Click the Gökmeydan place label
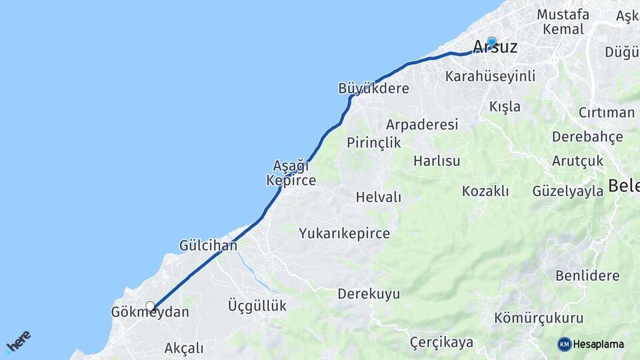(x=150, y=312)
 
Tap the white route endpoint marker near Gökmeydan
(x=151, y=307)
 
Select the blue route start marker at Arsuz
(x=492, y=41)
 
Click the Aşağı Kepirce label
(x=291, y=173)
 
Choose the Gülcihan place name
(x=208, y=245)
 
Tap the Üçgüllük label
(x=257, y=305)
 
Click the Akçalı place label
(x=183, y=348)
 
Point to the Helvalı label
(x=378, y=197)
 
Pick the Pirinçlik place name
(x=373, y=142)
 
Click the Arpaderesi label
(x=422, y=125)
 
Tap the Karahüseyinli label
(x=490, y=76)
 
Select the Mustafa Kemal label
(x=563, y=22)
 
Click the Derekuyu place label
(x=368, y=294)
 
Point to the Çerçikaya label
(x=441, y=343)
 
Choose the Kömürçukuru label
(x=539, y=318)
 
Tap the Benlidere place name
(x=587, y=275)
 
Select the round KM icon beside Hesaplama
(x=564, y=344)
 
